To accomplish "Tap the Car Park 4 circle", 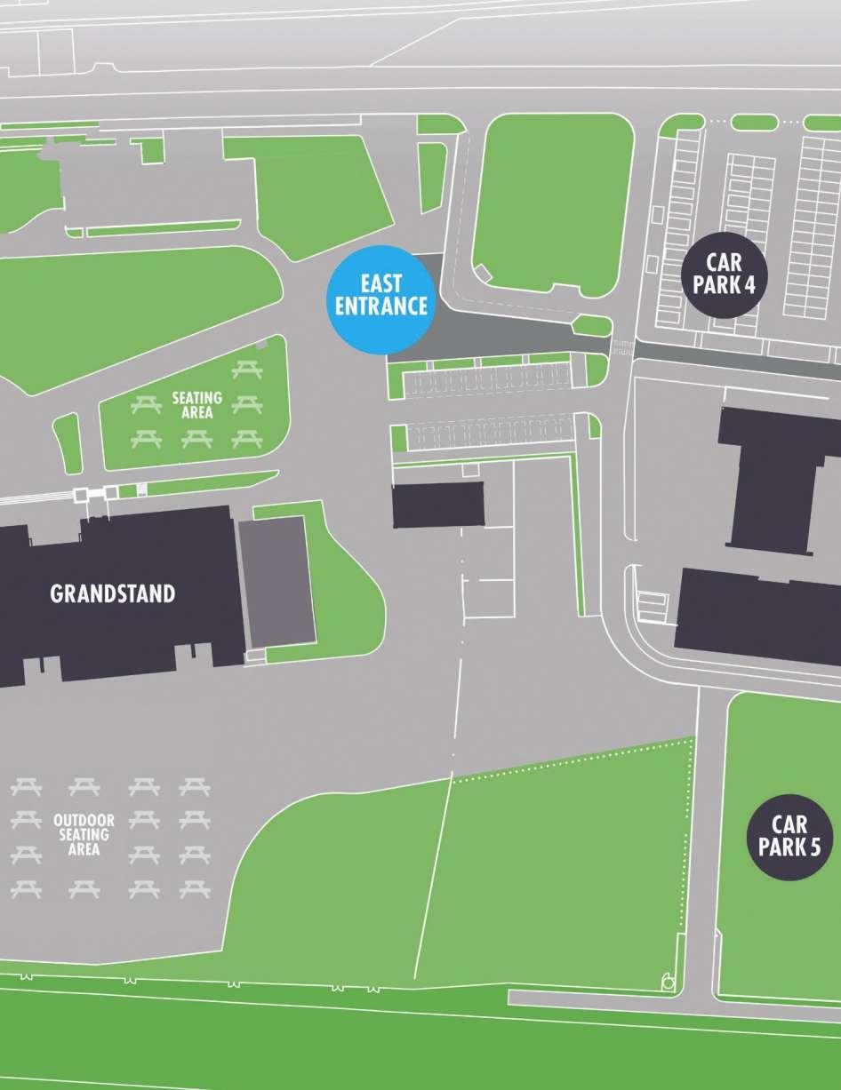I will (x=724, y=274).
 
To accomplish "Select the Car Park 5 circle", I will (x=789, y=837).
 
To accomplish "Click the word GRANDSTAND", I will (x=112, y=593).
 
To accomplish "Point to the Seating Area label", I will (x=196, y=405).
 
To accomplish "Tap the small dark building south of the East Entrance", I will (x=438, y=505).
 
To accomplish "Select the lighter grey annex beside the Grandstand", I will (x=276, y=582).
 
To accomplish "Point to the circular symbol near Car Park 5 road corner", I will (x=666, y=983).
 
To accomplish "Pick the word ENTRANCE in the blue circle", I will (x=380, y=306).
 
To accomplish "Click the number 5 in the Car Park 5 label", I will (x=814, y=847).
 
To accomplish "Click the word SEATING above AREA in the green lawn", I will (x=196, y=399).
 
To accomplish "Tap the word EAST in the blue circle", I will (x=380, y=284).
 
